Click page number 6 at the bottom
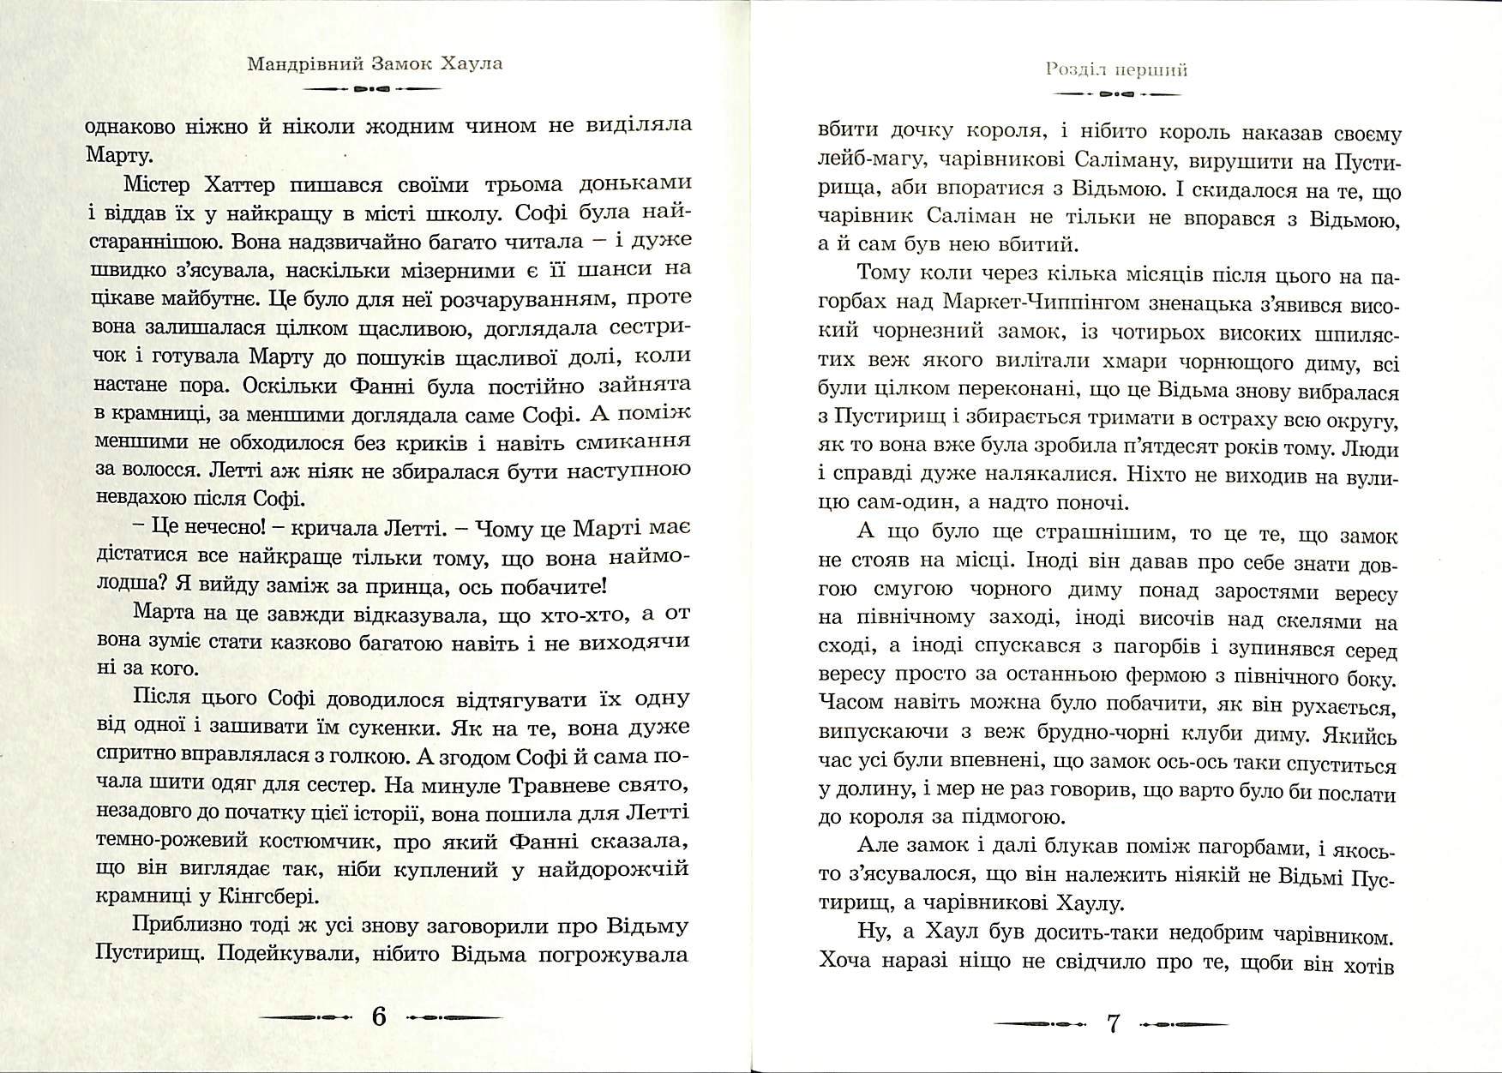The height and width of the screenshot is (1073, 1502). coord(379,1017)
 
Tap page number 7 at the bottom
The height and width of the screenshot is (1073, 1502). coord(1114,1023)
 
